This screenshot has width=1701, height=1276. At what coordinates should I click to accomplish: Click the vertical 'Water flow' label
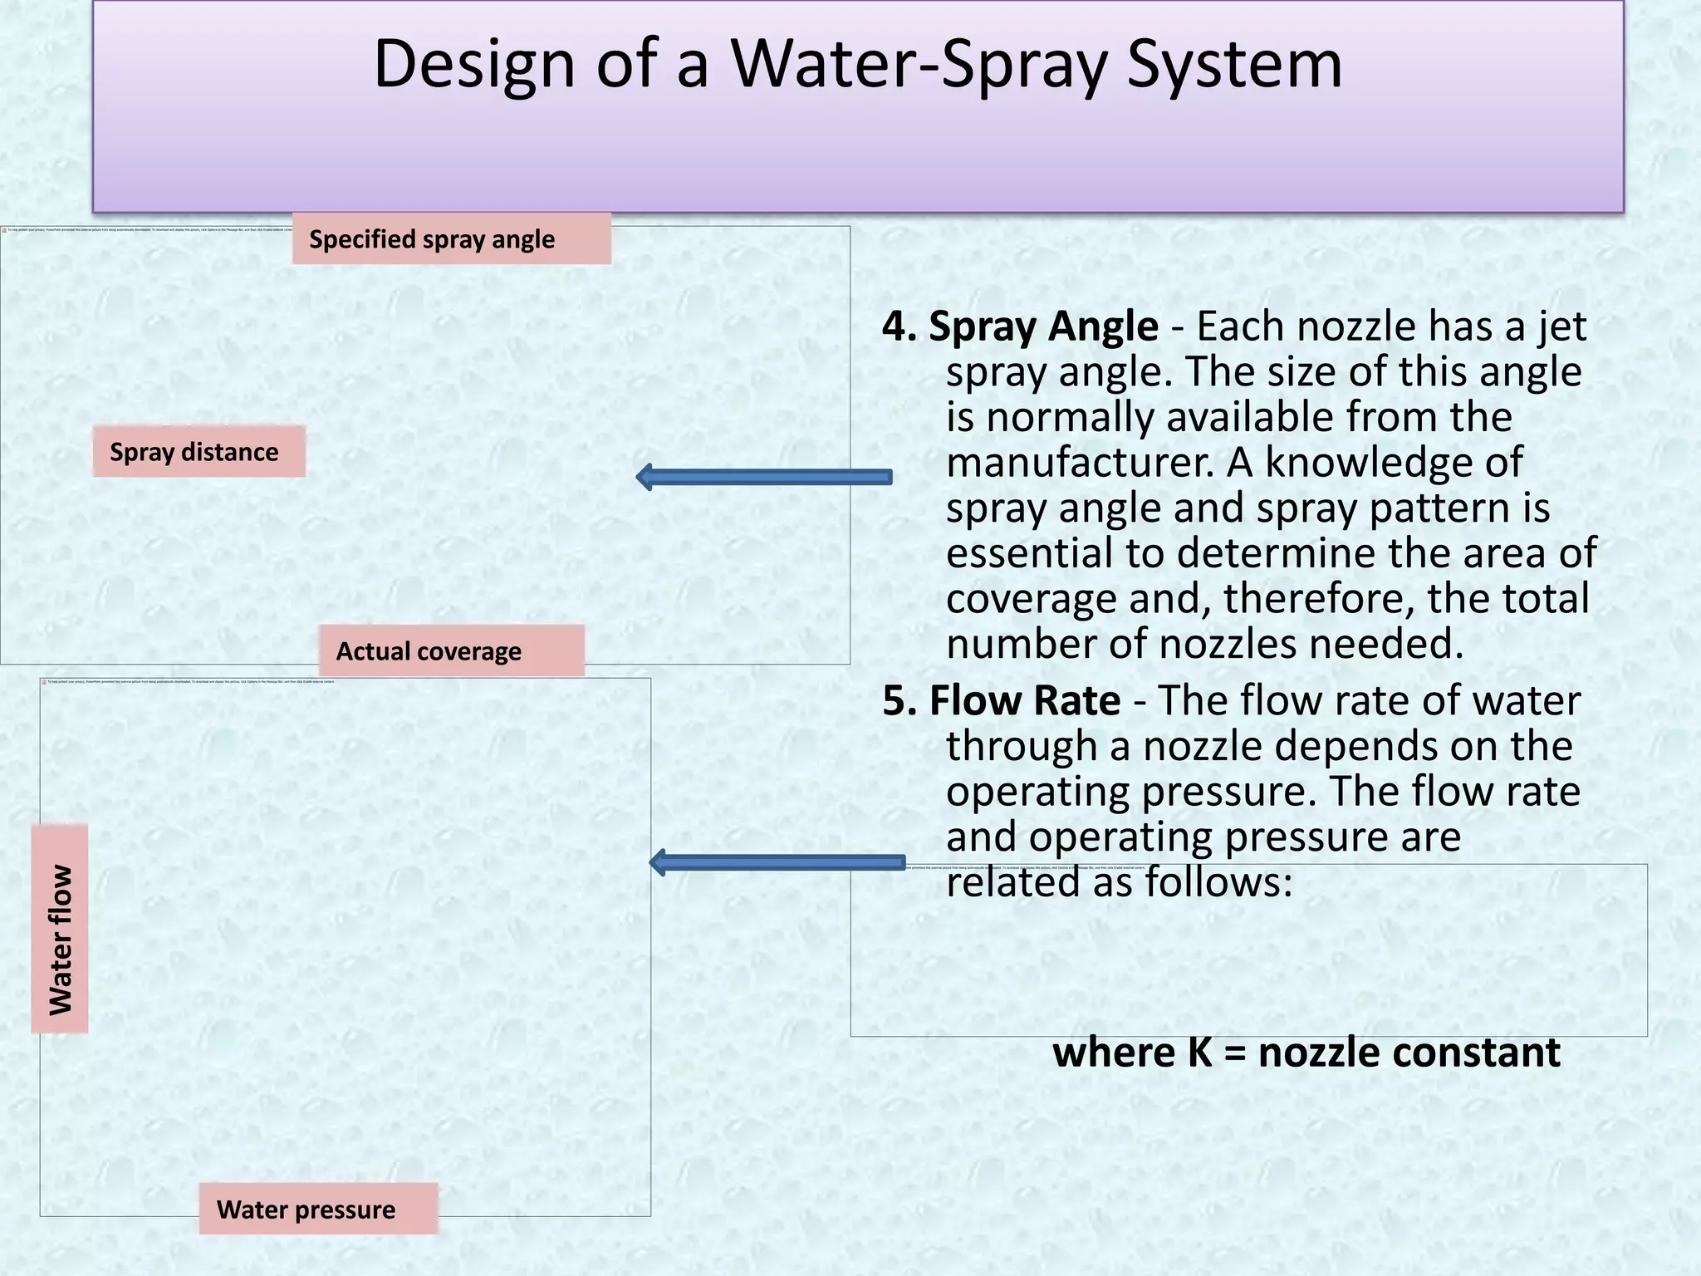tap(60, 929)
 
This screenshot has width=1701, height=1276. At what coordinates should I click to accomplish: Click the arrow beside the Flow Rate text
tap(776, 862)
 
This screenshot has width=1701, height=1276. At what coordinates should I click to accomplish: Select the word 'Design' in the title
tap(474, 64)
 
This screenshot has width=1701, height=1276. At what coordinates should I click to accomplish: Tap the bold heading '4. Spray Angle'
tap(1020, 326)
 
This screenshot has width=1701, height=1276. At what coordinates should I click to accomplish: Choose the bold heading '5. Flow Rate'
tap(1001, 700)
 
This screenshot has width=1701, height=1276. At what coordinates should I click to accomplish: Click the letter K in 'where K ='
tap(1200, 1053)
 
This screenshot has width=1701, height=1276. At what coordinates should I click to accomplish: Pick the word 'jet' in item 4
tap(1562, 326)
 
